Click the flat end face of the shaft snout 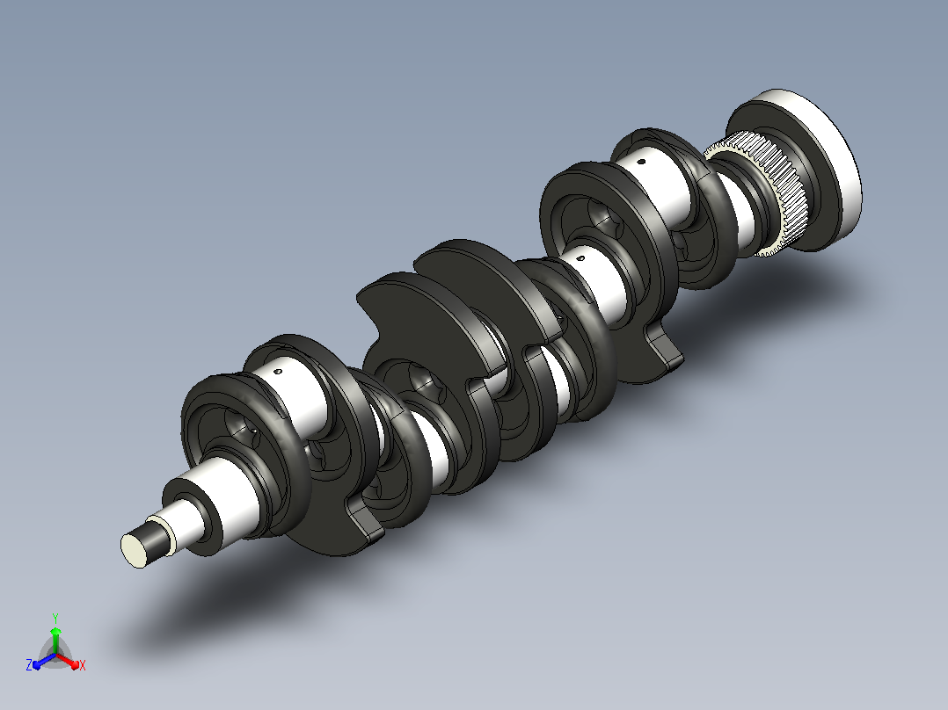pyautogui.click(x=134, y=549)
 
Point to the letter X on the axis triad pyautogui.click(x=83, y=665)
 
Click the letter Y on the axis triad pyautogui.click(x=55, y=618)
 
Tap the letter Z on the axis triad pyautogui.click(x=28, y=665)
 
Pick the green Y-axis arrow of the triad pyautogui.click(x=55, y=640)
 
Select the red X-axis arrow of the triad pyautogui.click(x=68, y=660)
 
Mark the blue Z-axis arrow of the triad pyautogui.click(x=44, y=661)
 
